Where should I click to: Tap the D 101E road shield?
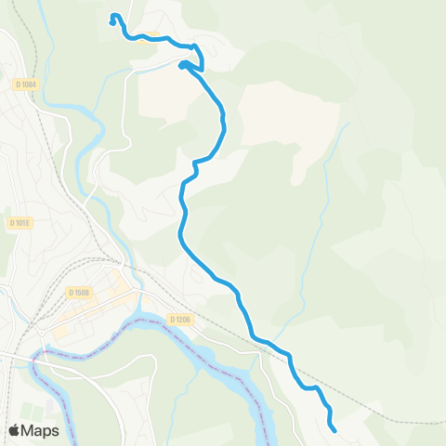20,223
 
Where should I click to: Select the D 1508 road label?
78,293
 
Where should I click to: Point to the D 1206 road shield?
180,320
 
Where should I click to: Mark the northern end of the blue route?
113,16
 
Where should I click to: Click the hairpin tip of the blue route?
181,64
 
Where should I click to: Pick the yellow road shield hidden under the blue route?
138,36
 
